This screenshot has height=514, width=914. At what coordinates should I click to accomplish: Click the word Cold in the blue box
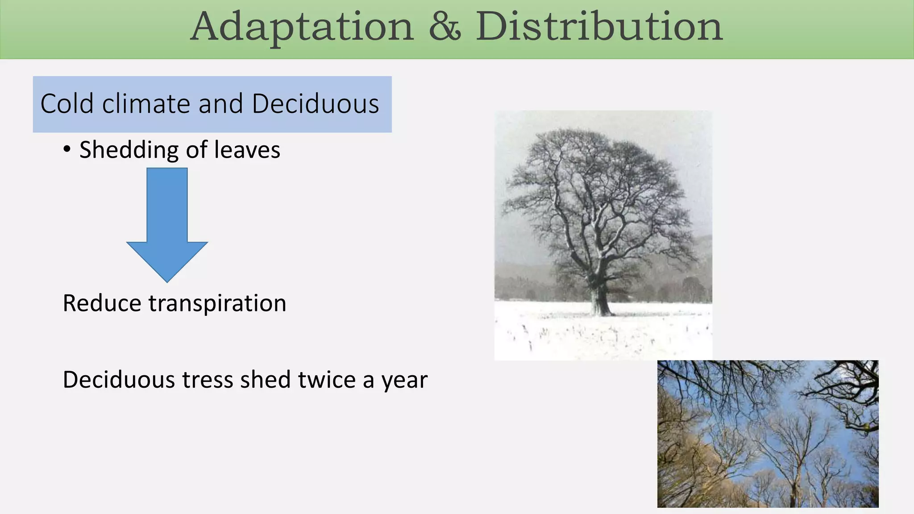click(66, 104)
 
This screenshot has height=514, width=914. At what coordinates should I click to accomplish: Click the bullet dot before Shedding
click(67, 150)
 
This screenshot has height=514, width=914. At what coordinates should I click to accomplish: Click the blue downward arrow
click(167, 223)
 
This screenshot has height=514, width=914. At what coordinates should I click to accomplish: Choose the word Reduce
click(102, 303)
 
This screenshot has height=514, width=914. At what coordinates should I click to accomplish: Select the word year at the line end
click(404, 380)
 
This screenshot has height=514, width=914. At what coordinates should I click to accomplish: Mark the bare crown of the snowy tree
click(598, 187)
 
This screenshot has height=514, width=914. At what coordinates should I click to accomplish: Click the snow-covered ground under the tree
click(602, 335)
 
